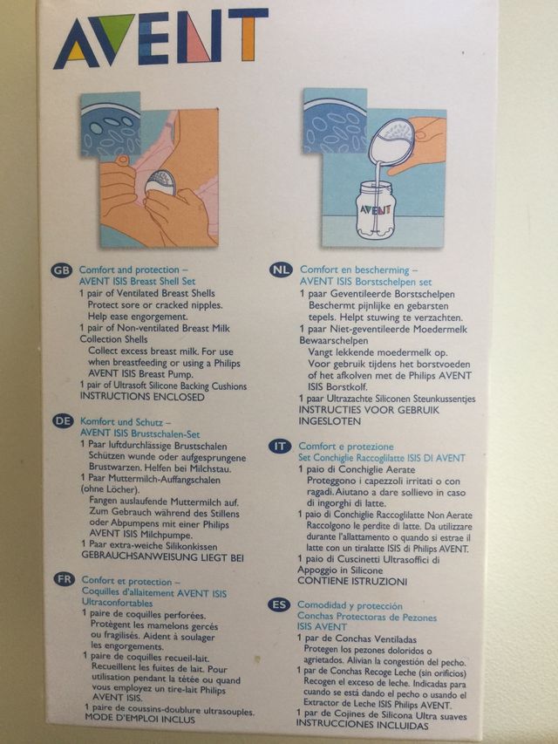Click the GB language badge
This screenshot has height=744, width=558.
click(x=61, y=270)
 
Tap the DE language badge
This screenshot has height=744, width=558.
click(x=63, y=421)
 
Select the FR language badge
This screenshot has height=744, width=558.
click(x=64, y=579)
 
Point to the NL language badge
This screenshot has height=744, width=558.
click(x=281, y=270)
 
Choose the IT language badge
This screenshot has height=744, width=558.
click(x=280, y=447)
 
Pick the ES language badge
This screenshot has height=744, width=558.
click(x=279, y=605)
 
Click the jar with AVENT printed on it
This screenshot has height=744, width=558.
click(x=376, y=210)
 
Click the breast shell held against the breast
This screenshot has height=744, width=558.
click(x=160, y=184)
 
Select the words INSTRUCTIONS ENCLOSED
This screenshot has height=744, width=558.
click(x=142, y=397)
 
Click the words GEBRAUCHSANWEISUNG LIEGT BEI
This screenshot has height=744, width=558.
click(x=163, y=556)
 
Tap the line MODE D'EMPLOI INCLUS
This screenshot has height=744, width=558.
click(x=139, y=719)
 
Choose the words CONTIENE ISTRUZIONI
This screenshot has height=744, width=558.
click(x=352, y=581)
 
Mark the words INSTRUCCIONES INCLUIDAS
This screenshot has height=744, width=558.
click(x=362, y=725)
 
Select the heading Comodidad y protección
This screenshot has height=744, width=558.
click(x=350, y=605)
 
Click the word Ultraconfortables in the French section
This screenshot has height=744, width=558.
click(x=117, y=603)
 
